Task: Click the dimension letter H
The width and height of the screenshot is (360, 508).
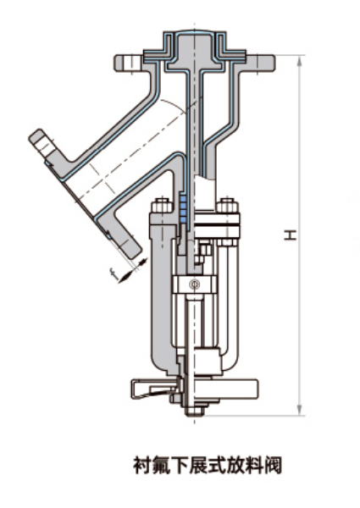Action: [x=291, y=235]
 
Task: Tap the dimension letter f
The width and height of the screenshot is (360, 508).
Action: [x=114, y=273]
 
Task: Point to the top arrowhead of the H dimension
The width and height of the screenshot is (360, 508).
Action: [x=300, y=61]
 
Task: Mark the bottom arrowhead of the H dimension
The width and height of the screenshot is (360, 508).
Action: [x=300, y=410]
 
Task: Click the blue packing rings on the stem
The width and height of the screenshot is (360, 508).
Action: [x=183, y=209]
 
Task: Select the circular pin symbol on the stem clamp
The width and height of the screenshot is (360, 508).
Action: [x=195, y=284]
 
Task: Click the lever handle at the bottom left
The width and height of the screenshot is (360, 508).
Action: [x=153, y=389]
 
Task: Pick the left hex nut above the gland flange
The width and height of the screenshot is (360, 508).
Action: [x=161, y=205]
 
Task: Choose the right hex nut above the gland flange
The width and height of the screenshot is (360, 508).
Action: [x=228, y=205]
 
